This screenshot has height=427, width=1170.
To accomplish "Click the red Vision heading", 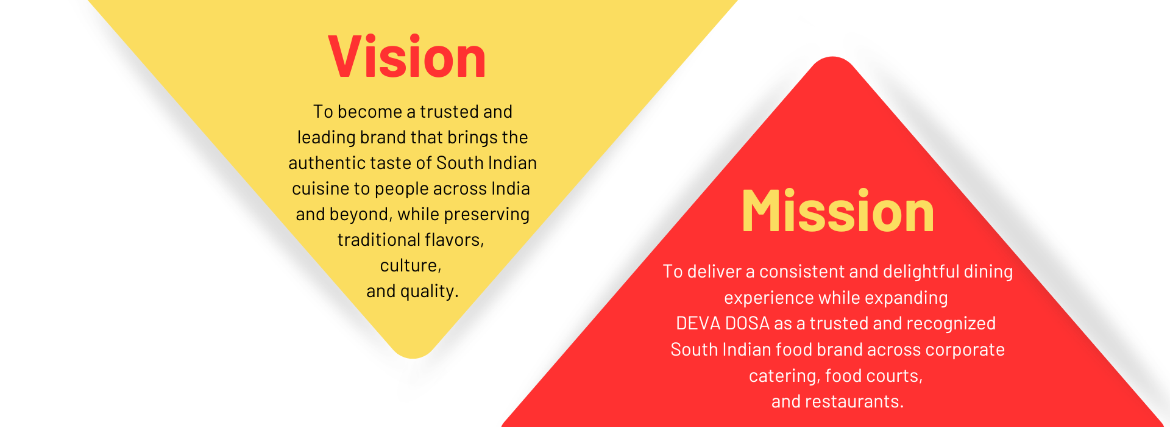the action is pos(407,57).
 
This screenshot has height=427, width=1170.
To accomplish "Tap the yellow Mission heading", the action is pos(838,211).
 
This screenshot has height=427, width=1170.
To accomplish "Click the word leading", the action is pos(326,138).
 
